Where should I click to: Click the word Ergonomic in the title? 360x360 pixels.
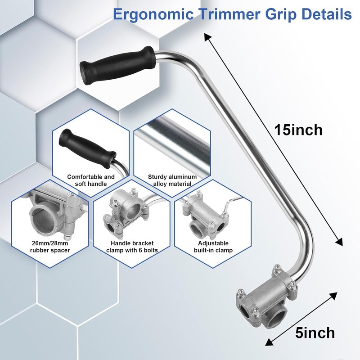point(153,15)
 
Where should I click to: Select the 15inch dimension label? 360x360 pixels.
point(298,130)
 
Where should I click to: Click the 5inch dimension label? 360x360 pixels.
point(315,333)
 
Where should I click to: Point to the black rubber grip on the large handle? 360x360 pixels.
point(117,65)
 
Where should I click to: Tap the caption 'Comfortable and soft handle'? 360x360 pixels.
point(91,180)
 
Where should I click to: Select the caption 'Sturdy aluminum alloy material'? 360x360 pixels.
point(172,180)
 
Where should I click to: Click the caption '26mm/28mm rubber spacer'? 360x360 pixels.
point(50,247)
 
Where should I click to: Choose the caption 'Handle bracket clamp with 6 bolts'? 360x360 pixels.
point(132,247)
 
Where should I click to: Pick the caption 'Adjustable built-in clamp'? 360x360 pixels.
point(213,247)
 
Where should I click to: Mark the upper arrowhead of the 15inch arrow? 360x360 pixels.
point(207,37)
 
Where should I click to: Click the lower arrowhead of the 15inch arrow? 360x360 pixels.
point(340,242)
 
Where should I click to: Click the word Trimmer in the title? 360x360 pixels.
point(229,14)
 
